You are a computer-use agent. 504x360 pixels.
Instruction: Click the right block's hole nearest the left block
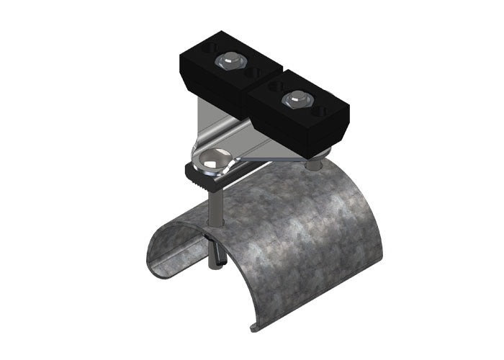coord(273,86)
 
